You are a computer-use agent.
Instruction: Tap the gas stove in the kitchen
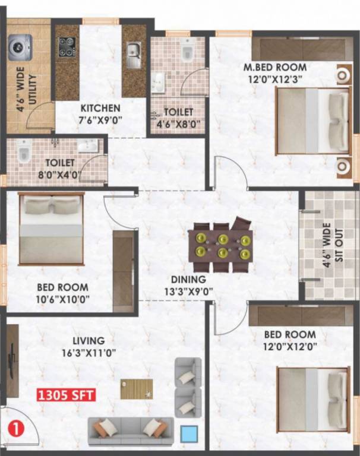67,48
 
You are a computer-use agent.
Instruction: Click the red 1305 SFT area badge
67,395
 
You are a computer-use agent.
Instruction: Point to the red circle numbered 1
17,427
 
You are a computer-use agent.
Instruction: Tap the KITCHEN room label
100,109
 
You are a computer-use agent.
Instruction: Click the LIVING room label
89,341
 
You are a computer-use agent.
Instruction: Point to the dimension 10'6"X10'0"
63,299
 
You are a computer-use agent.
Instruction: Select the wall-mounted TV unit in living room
11,362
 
